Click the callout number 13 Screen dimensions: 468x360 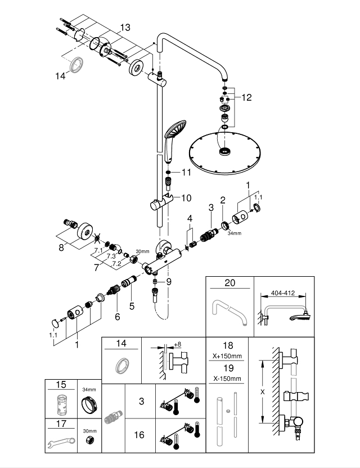(124, 27)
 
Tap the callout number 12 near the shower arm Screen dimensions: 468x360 (246, 97)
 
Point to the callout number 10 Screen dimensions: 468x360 (186, 197)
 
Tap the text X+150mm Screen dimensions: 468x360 (228, 355)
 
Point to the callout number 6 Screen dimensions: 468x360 (117, 317)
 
